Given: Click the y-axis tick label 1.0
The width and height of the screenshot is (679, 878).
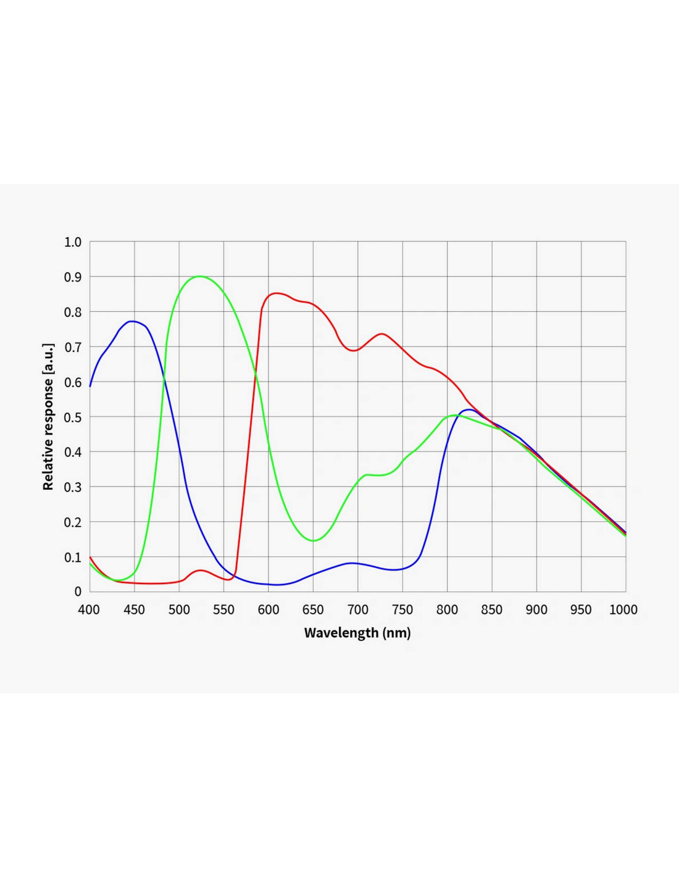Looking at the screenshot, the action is (73, 242).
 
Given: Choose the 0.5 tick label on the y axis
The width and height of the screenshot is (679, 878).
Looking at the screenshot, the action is (73, 417).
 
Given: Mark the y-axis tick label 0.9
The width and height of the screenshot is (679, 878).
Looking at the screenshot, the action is (73, 277).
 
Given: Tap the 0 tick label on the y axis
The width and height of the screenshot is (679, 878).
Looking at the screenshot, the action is (78, 592).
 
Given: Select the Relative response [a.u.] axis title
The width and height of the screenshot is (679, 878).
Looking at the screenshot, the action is (48, 417).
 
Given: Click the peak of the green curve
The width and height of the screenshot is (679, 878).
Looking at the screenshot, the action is (199, 277).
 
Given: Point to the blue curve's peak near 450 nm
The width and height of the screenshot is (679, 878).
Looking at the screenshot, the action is (132, 322).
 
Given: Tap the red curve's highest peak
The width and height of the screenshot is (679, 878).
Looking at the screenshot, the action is (277, 293).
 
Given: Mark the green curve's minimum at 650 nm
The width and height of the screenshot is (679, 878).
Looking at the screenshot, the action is (314, 541).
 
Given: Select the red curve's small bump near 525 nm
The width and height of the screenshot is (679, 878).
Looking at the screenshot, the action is (201, 570).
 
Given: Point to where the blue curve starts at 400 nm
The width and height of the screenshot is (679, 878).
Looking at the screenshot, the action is (90, 387).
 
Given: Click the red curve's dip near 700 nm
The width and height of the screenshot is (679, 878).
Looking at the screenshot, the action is (354, 350).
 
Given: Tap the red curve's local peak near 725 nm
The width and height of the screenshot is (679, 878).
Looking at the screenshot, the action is (381, 334).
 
